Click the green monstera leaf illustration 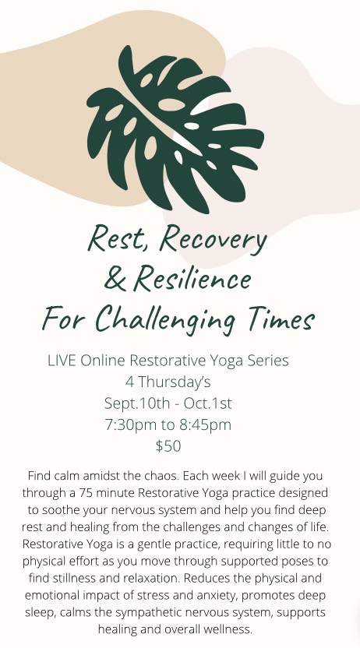(x=174, y=128)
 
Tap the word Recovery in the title (x=214, y=240)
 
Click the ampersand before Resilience (x=115, y=278)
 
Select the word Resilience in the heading (x=192, y=278)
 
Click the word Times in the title (x=282, y=319)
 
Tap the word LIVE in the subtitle (x=62, y=361)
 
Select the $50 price (x=168, y=446)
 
